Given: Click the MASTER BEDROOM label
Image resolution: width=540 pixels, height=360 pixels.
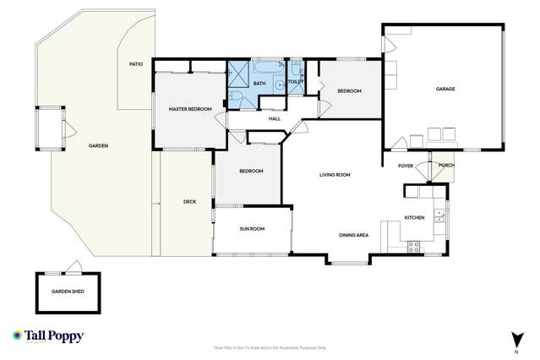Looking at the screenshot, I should [x=189, y=109].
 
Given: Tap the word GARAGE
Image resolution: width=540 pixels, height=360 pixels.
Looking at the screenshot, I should [x=445, y=89].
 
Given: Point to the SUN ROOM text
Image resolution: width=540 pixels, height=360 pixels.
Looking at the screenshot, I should [x=252, y=228].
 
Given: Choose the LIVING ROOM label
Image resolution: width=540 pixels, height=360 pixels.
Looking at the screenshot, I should [x=335, y=175].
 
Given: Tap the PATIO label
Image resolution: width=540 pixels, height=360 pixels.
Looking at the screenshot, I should [x=135, y=63].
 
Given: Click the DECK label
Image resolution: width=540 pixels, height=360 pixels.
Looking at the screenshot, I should [x=189, y=201].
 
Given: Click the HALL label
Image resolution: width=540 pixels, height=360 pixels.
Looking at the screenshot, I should [x=274, y=118].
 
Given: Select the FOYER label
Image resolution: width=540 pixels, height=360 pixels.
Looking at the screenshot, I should [x=406, y=166].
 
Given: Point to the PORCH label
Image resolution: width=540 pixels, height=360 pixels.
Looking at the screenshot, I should [x=445, y=166].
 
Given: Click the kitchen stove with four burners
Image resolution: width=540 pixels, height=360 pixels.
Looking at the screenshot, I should [x=414, y=246].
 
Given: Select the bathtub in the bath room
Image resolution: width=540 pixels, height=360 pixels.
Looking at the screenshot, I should [x=269, y=67].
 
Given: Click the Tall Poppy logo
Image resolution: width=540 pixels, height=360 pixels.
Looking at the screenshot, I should [x=48, y=336].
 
